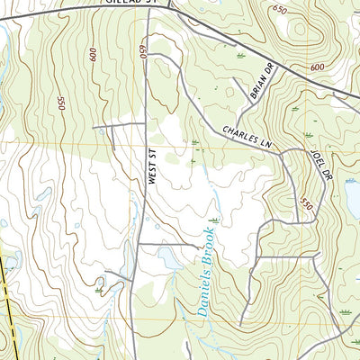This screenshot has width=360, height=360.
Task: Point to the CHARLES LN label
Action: pos(247,137)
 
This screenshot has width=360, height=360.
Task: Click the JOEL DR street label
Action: pos(316,163)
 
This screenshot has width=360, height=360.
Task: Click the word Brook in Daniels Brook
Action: pos(207,244)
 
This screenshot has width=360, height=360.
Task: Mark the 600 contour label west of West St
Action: pos(93,55)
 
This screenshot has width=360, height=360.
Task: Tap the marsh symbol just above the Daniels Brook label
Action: pos(214,220)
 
